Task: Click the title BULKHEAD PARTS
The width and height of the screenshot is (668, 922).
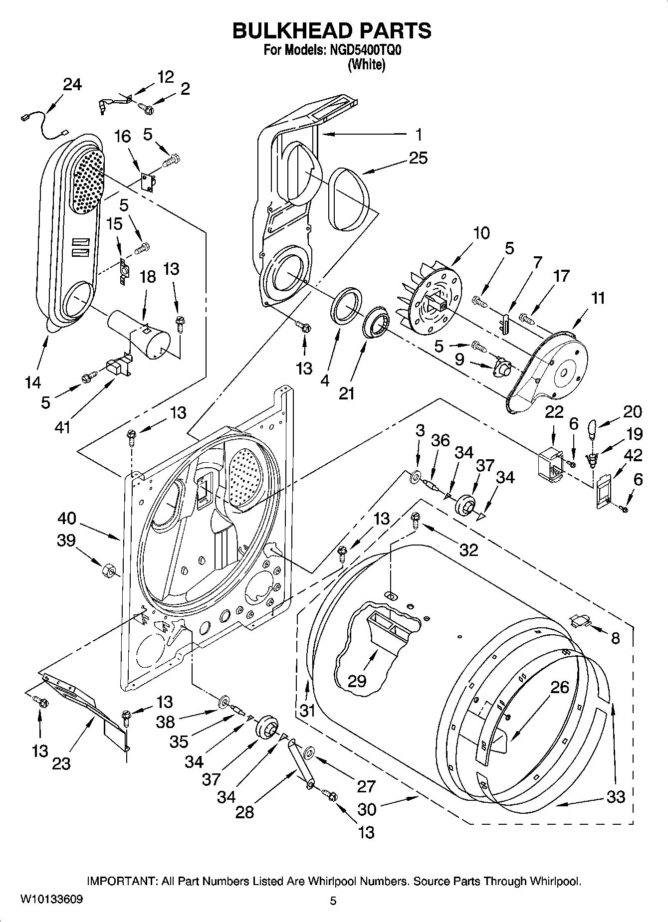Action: tap(332, 31)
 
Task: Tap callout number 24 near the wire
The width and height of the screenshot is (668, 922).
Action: tap(72, 85)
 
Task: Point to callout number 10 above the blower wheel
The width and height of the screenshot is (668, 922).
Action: tap(481, 233)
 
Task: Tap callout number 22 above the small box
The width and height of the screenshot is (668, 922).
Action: tap(554, 412)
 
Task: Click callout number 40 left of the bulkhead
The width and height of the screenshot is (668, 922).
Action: tap(66, 518)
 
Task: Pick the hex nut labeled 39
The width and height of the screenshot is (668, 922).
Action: tap(108, 569)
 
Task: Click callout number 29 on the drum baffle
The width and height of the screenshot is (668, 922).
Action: tap(357, 681)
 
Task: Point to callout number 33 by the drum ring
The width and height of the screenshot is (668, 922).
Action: tap(616, 796)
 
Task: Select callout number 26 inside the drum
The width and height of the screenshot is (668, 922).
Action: tap(560, 687)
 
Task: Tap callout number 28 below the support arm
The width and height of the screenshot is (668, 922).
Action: tap(244, 812)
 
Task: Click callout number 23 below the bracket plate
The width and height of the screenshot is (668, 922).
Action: tap(61, 763)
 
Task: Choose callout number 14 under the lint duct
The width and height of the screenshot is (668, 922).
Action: tap(33, 382)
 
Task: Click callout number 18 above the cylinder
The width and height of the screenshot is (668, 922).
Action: tap(148, 277)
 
